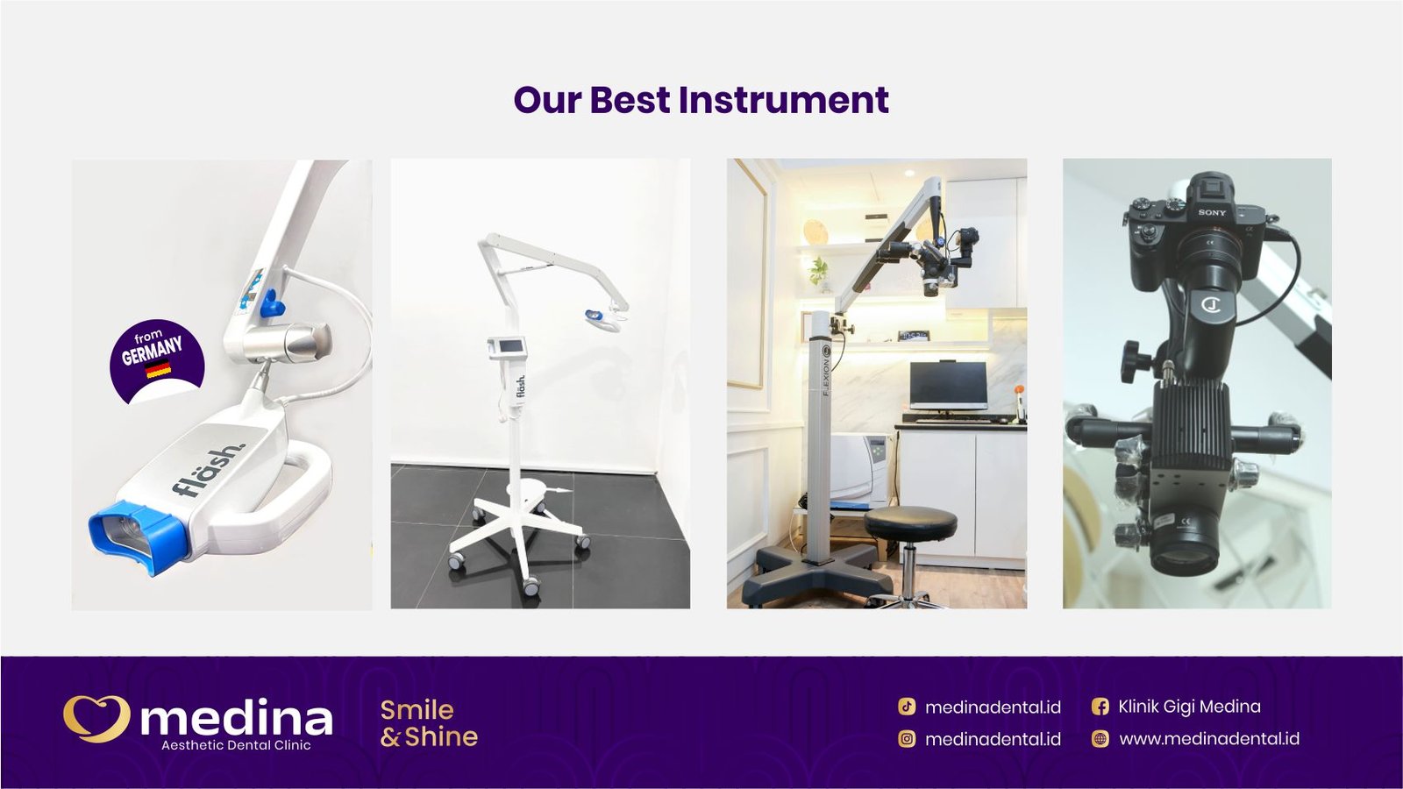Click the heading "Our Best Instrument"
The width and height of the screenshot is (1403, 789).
(701, 100)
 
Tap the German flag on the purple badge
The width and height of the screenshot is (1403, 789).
(159, 371)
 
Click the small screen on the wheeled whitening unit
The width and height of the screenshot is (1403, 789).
(507, 347)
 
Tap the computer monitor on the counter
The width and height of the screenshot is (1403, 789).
(948, 385)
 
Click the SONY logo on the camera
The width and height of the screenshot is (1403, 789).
(1212, 212)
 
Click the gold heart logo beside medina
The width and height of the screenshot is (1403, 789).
(96, 718)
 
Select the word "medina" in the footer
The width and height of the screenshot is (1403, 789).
(237, 719)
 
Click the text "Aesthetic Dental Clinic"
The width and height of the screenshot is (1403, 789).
(236, 745)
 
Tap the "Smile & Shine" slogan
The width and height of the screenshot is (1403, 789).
(429, 723)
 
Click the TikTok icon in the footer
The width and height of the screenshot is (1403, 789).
(907, 707)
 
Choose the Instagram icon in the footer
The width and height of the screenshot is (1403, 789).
(907, 739)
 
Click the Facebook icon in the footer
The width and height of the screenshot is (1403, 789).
(1100, 707)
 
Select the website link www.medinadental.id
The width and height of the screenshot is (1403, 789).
(1209, 739)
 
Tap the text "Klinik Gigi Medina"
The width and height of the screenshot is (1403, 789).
(1189, 707)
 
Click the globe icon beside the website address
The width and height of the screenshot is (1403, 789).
(1100, 739)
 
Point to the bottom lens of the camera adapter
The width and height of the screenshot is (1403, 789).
(1184, 553)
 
